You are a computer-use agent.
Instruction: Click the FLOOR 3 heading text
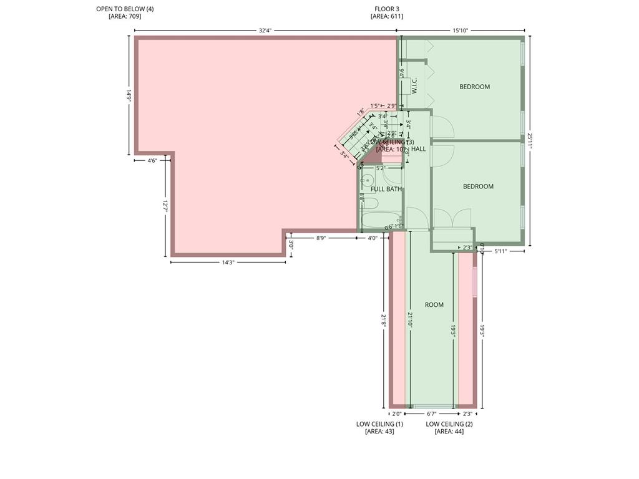point(387,9)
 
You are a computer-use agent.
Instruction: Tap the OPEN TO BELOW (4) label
point(125,9)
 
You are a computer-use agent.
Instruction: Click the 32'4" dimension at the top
point(265,31)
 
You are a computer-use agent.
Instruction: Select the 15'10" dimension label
point(461,31)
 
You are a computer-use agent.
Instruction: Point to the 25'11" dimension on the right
point(530,141)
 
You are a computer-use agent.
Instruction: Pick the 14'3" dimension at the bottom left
point(228,263)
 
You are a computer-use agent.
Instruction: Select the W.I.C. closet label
point(414,86)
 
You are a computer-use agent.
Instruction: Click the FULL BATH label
point(386,189)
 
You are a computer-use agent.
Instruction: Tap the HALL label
point(419,149)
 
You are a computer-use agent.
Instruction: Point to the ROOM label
point(434,305)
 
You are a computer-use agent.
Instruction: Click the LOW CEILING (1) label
point(379,424)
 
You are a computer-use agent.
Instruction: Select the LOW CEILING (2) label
point(449,424)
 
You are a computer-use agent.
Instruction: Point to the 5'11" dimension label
point(501,251)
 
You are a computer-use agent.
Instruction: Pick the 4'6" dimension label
point(152,161)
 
